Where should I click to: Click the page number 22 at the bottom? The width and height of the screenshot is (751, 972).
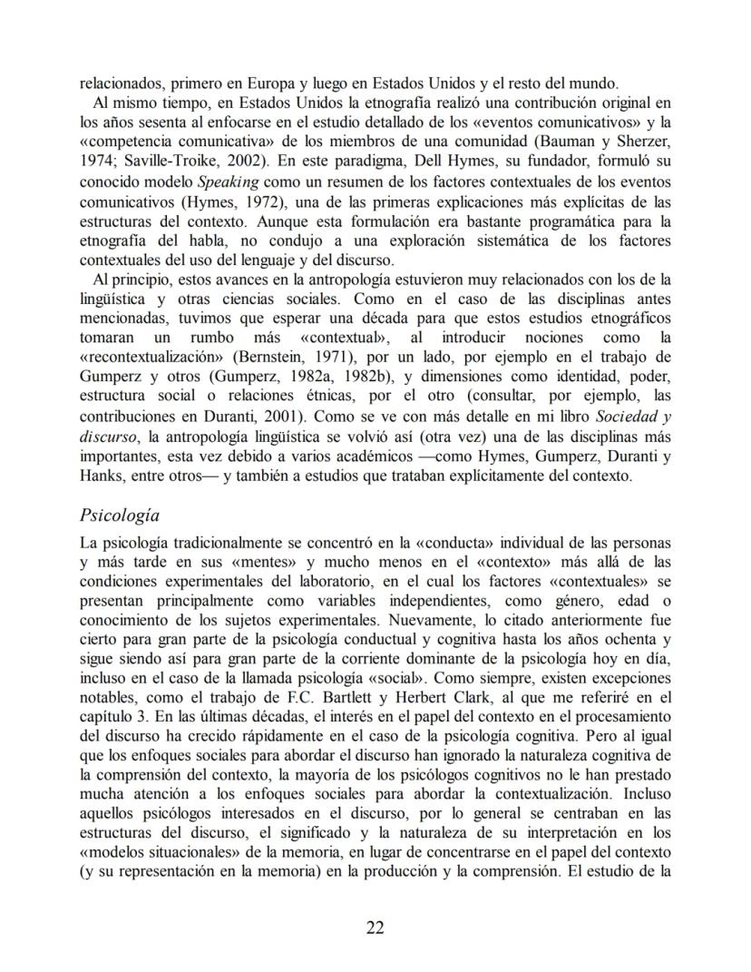tap(375, 927)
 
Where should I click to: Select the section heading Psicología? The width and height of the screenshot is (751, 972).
tap(120, 515)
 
